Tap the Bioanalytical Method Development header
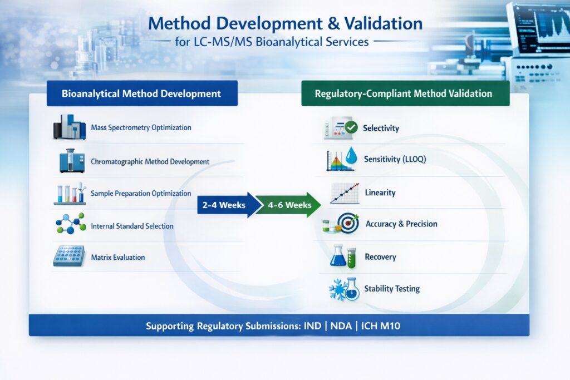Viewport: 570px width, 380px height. (x=142, y=93)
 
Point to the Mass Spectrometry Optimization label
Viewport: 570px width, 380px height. (x=141, y=127)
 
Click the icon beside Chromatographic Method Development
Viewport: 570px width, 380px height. (x=70, y=160)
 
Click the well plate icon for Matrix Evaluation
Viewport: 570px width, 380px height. (x=68, y=256)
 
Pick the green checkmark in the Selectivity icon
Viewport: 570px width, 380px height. (x=351, y=127)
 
